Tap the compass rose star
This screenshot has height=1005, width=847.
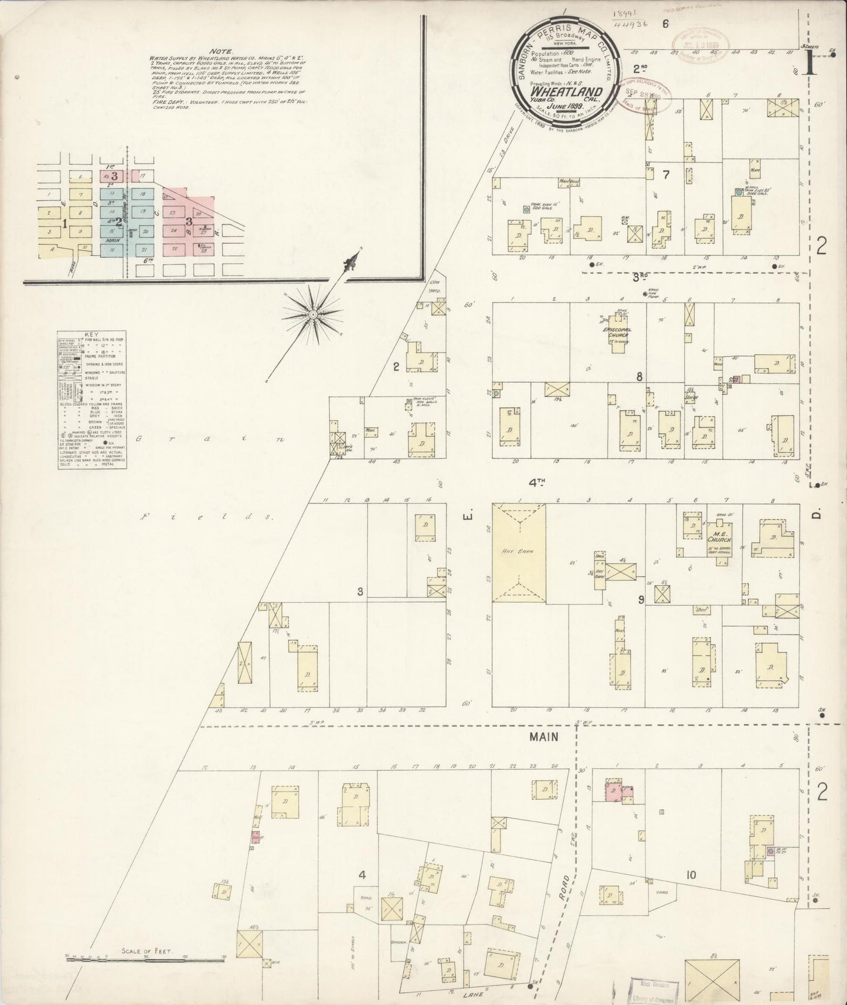313,315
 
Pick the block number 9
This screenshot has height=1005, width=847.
641,599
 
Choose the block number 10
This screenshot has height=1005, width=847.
692,875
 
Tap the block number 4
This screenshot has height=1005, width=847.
362,875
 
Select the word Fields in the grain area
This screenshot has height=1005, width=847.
208,517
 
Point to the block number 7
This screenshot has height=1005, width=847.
665,174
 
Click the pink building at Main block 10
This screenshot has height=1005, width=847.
614,789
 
